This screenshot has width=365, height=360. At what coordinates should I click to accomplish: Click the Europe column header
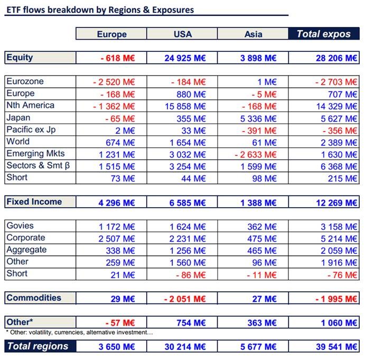(111, 34)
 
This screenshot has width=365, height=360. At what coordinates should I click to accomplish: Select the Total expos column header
(323, 34)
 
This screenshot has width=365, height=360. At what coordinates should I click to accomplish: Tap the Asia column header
(253, 34)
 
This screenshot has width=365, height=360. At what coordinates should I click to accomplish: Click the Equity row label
(19, 57)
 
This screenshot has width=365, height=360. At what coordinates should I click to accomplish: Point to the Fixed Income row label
(34, 201)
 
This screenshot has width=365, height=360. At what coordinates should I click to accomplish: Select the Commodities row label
(33, 298)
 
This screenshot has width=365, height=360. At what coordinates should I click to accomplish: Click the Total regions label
(37, 346)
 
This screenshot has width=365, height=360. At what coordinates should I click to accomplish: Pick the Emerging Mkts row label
(35, 153)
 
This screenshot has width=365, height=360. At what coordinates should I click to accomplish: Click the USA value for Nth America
(185, 106)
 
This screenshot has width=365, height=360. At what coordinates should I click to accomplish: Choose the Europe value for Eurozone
(114, 82)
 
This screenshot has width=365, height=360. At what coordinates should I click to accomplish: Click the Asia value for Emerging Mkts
(256, 154)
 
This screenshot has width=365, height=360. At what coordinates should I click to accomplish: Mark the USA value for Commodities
(185, 299)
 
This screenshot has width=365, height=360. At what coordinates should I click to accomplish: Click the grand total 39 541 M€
(335, 347)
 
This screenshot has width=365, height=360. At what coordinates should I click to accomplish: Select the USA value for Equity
(185, 58)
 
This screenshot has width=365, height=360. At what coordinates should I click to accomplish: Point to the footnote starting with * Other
(79, 332)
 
